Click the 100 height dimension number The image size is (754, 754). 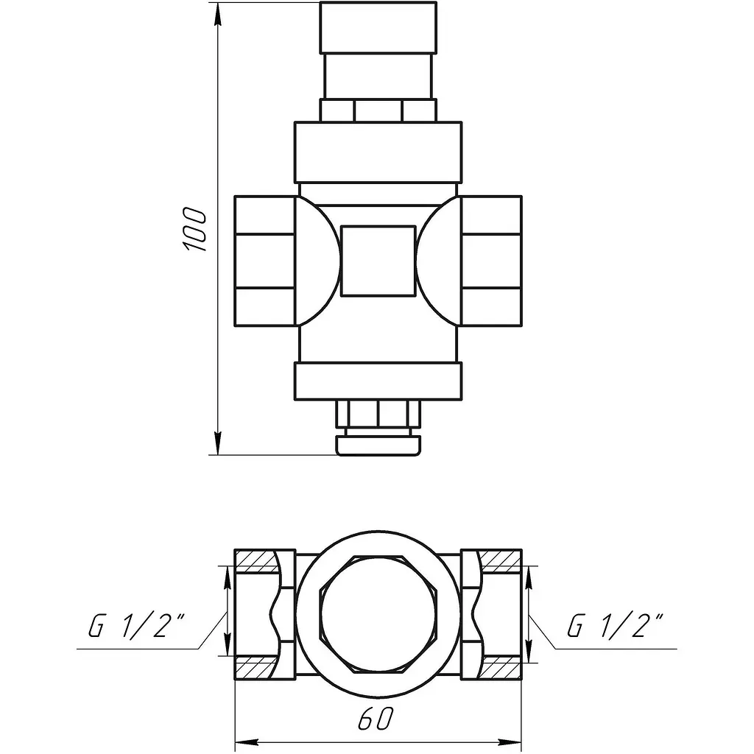click(x=194, y=229)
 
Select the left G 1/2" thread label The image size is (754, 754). click(x=136, y=625)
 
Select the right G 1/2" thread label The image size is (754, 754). click(x=615, y=625)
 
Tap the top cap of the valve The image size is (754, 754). click(x=378, y=27)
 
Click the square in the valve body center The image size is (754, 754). click(x=378, y=261)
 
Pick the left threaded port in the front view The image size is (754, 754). click(x=264, y=261)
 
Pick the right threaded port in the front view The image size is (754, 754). click(x=491, y=261)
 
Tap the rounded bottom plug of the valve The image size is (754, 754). click(x=378, y=445)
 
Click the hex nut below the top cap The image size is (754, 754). click(x=378, y=110)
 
